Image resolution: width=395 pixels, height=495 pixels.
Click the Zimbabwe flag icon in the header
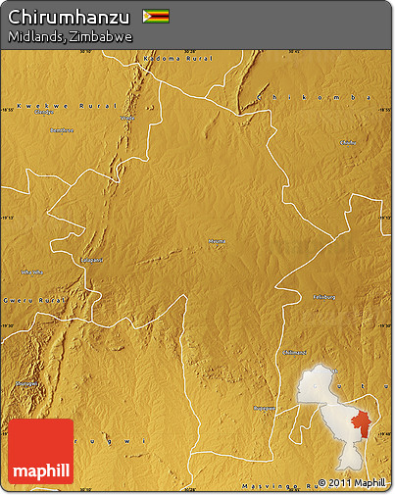point(155,16)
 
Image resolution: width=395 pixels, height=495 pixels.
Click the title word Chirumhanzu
point(69,16)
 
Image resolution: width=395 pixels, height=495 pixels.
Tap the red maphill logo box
point(41,452)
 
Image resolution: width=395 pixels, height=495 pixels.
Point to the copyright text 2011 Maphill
point(352,483)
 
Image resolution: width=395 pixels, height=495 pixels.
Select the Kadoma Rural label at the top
point(176,59)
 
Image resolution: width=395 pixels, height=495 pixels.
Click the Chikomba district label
point(323,97)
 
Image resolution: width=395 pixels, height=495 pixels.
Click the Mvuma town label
point(217,240)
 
